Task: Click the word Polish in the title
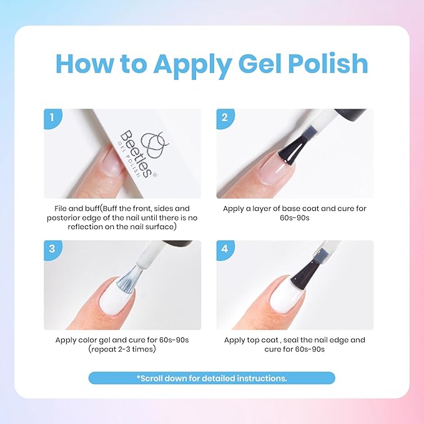(319, 64)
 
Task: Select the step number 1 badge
(52, 117)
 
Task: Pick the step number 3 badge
(52, 249)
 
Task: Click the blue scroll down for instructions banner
(212, 378)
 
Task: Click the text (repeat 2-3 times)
(122, 350)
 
